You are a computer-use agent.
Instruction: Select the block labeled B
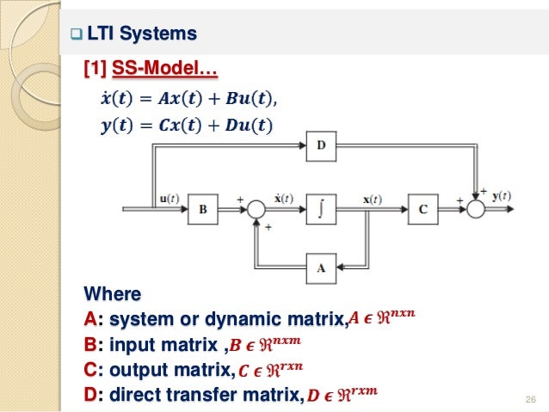coord(203,208)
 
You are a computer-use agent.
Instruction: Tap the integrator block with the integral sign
coord(321,208)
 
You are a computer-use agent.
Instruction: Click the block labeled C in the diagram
coord(423,208)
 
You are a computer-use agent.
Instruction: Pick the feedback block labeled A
coord(321,267)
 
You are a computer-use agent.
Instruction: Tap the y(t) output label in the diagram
coord(501,195)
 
